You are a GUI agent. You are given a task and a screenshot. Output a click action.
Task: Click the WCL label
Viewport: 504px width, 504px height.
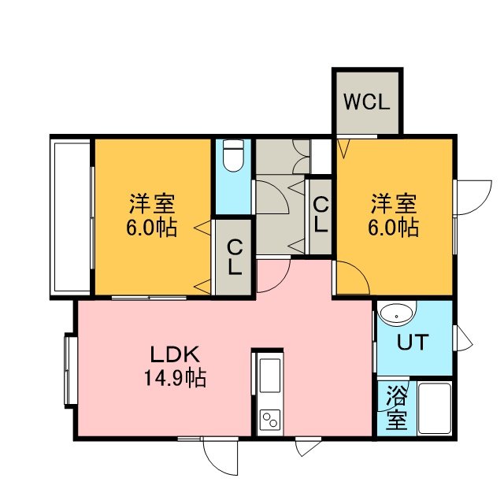[367, 102]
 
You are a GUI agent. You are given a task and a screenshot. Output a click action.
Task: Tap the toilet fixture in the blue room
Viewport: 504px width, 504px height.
[233, 156]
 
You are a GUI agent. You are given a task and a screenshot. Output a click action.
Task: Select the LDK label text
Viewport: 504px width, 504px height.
[175, 355]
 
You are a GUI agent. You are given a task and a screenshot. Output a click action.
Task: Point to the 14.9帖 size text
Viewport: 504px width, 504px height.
[175, 378]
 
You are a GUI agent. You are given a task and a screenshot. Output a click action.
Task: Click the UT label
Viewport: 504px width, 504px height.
[413, 342]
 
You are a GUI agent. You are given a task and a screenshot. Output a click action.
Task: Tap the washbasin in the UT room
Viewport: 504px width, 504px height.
[397, 313]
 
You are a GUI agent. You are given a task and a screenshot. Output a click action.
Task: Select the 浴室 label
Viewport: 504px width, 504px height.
[397, 408]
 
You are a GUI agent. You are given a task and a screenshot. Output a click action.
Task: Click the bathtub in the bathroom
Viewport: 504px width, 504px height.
[434, 408]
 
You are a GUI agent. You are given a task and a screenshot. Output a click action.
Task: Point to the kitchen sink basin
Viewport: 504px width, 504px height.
[269, 375]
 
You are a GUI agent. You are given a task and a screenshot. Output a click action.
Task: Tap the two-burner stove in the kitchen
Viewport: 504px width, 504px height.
[269, 420]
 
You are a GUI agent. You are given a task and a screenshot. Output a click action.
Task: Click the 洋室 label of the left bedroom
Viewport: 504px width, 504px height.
[152, 204]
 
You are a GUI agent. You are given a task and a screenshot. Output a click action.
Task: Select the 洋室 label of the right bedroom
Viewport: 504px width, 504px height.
[394, 204]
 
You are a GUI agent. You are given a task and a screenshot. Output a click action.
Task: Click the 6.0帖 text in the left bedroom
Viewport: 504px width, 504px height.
[151, 228]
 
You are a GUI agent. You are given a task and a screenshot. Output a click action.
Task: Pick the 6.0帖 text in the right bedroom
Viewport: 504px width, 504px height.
[394, 228]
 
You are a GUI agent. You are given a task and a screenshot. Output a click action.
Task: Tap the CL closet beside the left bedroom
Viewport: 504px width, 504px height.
[234, 258]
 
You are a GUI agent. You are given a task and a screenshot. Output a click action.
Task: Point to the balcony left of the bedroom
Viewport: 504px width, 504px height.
[72, 217]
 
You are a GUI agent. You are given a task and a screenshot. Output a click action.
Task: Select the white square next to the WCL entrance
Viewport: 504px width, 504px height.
[321, 156]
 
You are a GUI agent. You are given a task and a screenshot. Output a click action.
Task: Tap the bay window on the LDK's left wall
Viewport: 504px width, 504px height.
[70, 370]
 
